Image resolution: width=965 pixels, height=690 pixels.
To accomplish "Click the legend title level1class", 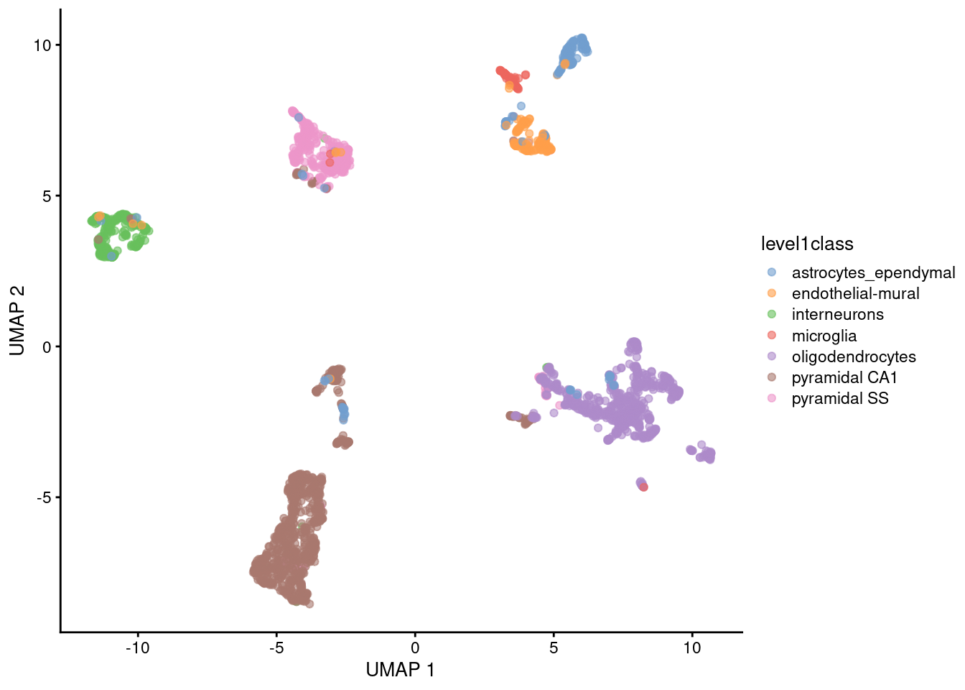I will click(x=807, y=244).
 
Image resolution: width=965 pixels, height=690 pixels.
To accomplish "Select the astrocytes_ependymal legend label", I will click(x=873, y=273).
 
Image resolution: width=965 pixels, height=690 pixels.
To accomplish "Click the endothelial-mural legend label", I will click(x=855, y=294).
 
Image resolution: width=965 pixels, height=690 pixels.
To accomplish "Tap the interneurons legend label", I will click(x=837, y=315).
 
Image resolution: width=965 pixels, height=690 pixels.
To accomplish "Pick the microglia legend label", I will click(x=824, y=336).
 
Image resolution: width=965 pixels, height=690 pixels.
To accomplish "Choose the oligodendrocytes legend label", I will click(x=854, y=356).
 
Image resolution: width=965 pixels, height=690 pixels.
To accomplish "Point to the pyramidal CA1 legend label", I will click(x=844, y=377).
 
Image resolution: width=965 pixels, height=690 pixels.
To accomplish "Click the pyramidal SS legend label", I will click(x=840, y=398).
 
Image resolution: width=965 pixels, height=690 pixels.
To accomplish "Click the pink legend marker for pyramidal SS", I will click(x=772, y=398).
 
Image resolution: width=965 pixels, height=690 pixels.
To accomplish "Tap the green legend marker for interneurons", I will click(x=772, y=314).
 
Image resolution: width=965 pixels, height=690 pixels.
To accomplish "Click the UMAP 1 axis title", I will click(x=400, y=670).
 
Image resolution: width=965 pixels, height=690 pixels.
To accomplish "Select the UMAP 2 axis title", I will click(x=17, y=321).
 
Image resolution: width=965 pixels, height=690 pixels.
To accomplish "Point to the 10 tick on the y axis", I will click(x=42, y=45).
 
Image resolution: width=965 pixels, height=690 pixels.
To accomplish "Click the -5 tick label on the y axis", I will click(x=42, y=497).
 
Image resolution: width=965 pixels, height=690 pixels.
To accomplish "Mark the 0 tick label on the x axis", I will click(x=415, y=648).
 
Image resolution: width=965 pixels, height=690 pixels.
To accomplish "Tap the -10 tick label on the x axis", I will click(x=137, y=648).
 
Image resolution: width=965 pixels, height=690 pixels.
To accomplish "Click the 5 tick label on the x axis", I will click(x=554, y=648).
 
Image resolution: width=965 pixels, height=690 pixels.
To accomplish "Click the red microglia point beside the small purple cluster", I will click(x=644, y=487).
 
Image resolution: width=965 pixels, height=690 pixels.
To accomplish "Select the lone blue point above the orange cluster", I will click(x=521, y=106).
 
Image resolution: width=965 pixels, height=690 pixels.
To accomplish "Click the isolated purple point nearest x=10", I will click(x=691, y=450).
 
